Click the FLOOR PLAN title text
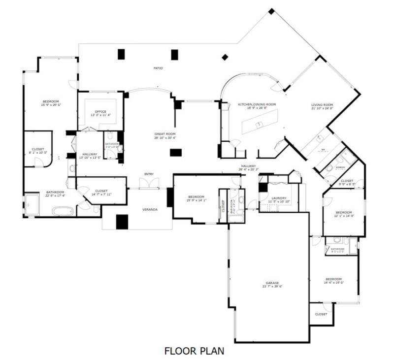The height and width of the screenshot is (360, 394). pos(194,351)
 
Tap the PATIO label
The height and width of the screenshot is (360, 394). pos(158,68)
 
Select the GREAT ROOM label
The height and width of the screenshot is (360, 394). pos(164,134)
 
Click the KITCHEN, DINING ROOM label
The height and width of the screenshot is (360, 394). pos(257,104)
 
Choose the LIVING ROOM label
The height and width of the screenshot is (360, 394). pos(322,104)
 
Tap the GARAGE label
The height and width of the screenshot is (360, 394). pos(272,283)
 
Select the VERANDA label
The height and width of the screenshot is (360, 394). pos(150,210)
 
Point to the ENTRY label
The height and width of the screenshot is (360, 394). pos(149,174)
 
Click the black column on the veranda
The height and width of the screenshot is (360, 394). pos(122,222)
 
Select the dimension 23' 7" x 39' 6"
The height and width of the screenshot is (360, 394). pos(272,286)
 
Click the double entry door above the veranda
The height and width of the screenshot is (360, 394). pos(149,184)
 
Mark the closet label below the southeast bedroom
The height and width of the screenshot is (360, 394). pos(321,314)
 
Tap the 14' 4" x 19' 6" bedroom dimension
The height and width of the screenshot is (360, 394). pos(333,283)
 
